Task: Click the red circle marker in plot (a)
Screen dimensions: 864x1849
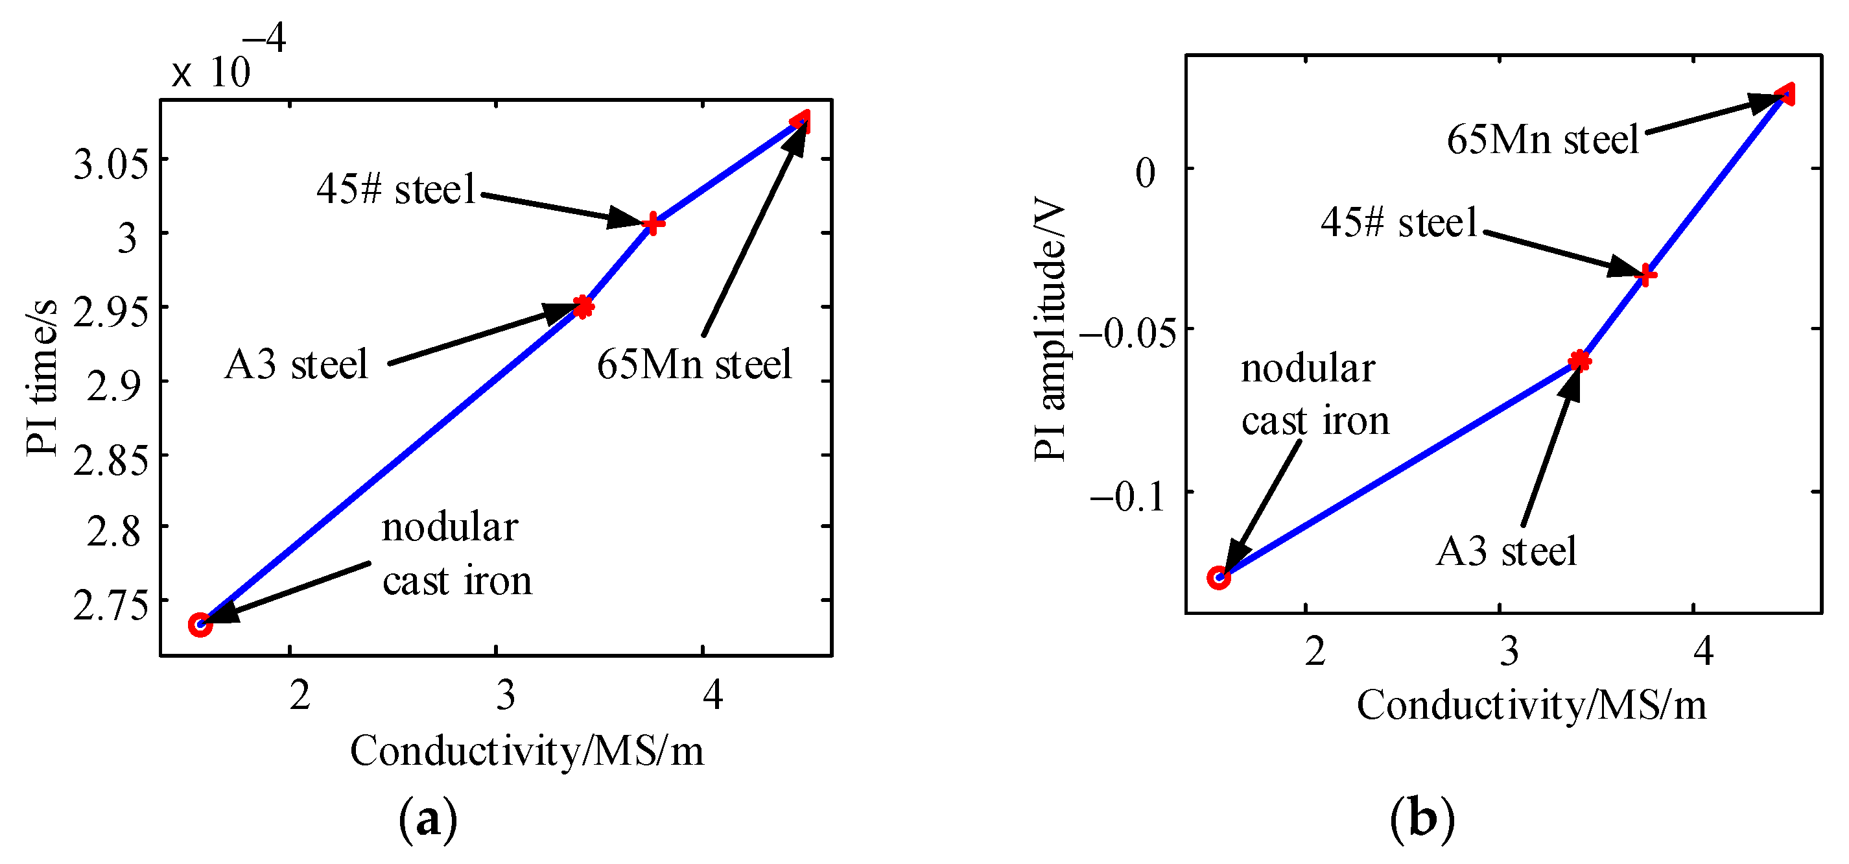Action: [x=200, y=625]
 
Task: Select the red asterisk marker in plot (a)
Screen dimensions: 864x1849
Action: [x=583, y=307]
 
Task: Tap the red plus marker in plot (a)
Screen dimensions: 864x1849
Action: [x=652, y=223]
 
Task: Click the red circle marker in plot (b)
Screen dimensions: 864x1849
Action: [x=1218, y=577]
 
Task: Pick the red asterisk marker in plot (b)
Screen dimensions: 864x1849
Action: [x=1579, y=361]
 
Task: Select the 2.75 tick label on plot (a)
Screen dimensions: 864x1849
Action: [x=112, y=605]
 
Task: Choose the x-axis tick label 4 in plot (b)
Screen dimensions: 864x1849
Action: [x=1702, y=651]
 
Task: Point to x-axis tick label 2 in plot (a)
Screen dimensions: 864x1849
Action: [x=300, y=695]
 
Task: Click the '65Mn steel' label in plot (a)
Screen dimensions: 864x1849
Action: [x=694, y=364]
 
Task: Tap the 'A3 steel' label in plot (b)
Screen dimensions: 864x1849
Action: [x=1506, y=551]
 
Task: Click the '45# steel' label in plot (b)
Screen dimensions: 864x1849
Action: [x=1399, y=222]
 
